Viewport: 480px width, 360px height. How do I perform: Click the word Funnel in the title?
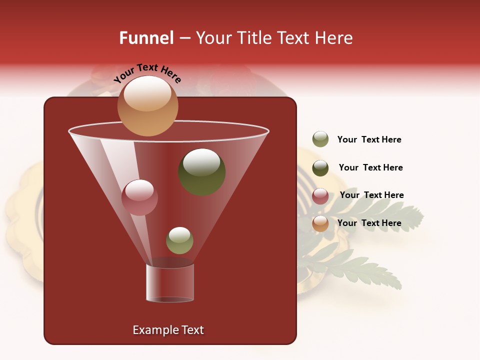pyautogui.click(x=146, y=38)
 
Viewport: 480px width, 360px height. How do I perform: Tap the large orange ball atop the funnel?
pyautogui.click(x=147, y=105)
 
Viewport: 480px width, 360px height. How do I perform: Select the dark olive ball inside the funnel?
pyautogui.click(x=201, y=171)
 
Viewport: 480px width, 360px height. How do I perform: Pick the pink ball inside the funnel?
pyautogui.click(x=139, y=197)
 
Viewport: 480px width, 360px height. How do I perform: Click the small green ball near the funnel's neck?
pyautogui.click(x=179, y=240)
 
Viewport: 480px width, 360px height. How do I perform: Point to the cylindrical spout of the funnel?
pyautogui.click(x=169, y=283)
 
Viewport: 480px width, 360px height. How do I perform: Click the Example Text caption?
pyautogui.click(x=168, y=330)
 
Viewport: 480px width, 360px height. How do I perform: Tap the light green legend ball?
pyautogui.click(x=320, y=139)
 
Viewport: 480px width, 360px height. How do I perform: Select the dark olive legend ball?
pyautogui.click(x=320, y=168)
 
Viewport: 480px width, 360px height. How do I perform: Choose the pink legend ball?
pyautogui.click(x=320, y=196)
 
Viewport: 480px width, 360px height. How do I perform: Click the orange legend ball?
pyautogui.click(x=320, y=223)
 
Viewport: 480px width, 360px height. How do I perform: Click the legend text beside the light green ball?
pyautogui.click(x=369, y=139)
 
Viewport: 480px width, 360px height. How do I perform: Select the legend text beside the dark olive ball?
pyautogui.click(x=370, y=167)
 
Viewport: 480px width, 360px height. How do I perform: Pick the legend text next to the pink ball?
pyautogui.click(x=371, y=195)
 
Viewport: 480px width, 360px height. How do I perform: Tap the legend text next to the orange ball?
pyautogui.click(x=369, y=223)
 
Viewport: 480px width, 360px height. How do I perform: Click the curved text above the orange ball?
pyautogui.click(x=147, y=72)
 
